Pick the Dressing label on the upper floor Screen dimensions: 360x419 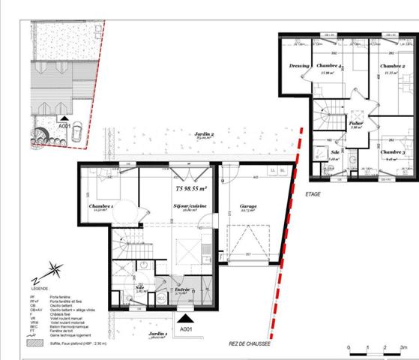click(299, 66)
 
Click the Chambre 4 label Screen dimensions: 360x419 click(330, 67)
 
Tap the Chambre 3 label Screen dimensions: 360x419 click(393, 153)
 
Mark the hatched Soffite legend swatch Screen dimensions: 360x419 click(34, 343)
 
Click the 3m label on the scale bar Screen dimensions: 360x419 click(403, 349)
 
